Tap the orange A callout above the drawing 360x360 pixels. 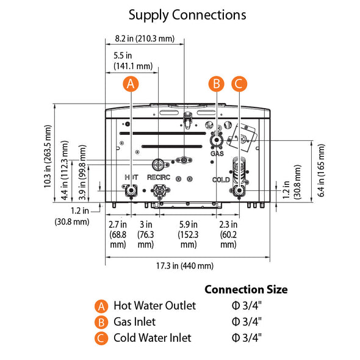[x=130, y=84]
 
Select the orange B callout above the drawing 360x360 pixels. [x=215, y=84]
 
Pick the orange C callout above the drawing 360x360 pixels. [x=239, y=84]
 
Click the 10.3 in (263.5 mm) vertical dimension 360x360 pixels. [x=48, y=157]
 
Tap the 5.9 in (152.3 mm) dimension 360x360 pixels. [x=188, y=234]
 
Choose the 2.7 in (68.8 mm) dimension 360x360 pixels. [x=118, y=234]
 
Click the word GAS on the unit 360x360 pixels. [x=217, y=154]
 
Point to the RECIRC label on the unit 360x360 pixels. [x=159, y=177]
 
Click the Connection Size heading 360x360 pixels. [x=246, y=289]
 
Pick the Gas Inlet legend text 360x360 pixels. [x=134, y=322]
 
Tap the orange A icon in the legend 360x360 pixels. [x=102, y=306]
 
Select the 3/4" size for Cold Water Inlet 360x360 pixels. [x=247, y=337]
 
